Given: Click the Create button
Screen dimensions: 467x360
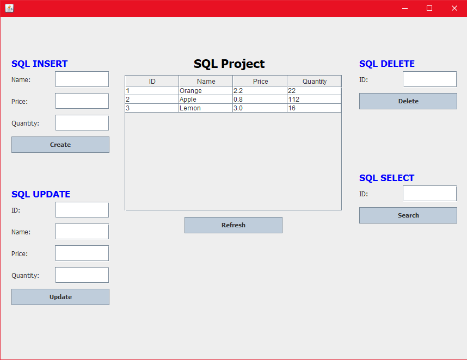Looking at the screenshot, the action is point(60,145).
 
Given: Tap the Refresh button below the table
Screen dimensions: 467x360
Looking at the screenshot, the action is point(233,225).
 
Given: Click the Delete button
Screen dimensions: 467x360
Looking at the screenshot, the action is point(408,101).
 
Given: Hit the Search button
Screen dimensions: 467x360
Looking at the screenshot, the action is point(408,215).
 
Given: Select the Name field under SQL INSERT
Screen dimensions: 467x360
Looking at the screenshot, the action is point(82,79).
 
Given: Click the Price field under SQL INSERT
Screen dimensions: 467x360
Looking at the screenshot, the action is point(82,101).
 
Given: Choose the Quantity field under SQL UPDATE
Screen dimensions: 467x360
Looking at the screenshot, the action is point(82,275).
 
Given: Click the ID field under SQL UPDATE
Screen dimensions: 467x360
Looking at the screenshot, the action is point(82,210).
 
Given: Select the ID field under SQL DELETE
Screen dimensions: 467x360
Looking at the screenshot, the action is point(429,79).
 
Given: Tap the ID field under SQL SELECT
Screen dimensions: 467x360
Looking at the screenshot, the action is point(429,194).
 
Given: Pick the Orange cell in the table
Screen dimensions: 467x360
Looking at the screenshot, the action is point(205,91).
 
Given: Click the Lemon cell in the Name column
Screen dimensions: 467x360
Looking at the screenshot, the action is point(205,108).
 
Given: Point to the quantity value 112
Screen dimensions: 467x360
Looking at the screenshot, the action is point(314,100).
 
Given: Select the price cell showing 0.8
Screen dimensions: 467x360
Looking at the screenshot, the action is point(260,100).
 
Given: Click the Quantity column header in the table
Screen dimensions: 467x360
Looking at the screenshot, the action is point(314,81).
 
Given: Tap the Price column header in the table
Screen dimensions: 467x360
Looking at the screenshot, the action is point(260,81).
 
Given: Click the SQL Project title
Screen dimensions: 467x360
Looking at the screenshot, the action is point(229,64).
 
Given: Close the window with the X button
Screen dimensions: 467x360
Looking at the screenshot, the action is point(454,8).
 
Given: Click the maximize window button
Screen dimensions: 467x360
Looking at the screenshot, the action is point(429,8).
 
